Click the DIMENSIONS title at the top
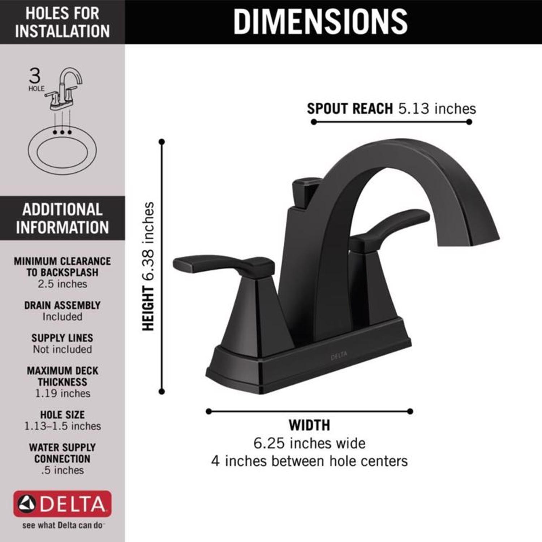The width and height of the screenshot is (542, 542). [x=320, y=22]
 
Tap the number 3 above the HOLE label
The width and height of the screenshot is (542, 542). [x=35, y=76]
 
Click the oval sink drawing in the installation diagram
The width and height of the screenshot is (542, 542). [x=62, y=150]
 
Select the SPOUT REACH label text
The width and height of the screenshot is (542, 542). [x=349, y=109]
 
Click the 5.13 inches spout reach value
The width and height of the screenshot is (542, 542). [x=437, y=109]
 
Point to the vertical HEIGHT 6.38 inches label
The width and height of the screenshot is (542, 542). [x=148, y=266]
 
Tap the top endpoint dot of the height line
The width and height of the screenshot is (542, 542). [x=162, y=142]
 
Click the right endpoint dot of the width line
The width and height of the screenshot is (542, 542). [x=410, y=411]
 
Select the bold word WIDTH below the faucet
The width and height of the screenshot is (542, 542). [x=309, y=425]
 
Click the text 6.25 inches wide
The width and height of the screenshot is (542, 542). [x=309, y=443]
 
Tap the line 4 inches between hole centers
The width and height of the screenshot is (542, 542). [x=309, y=461]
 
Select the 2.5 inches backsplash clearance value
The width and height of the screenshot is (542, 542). [x=62, y=284]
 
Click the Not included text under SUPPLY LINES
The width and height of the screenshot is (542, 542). [x=62, y=349]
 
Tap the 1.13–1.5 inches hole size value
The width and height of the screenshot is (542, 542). [x=62, y=426]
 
